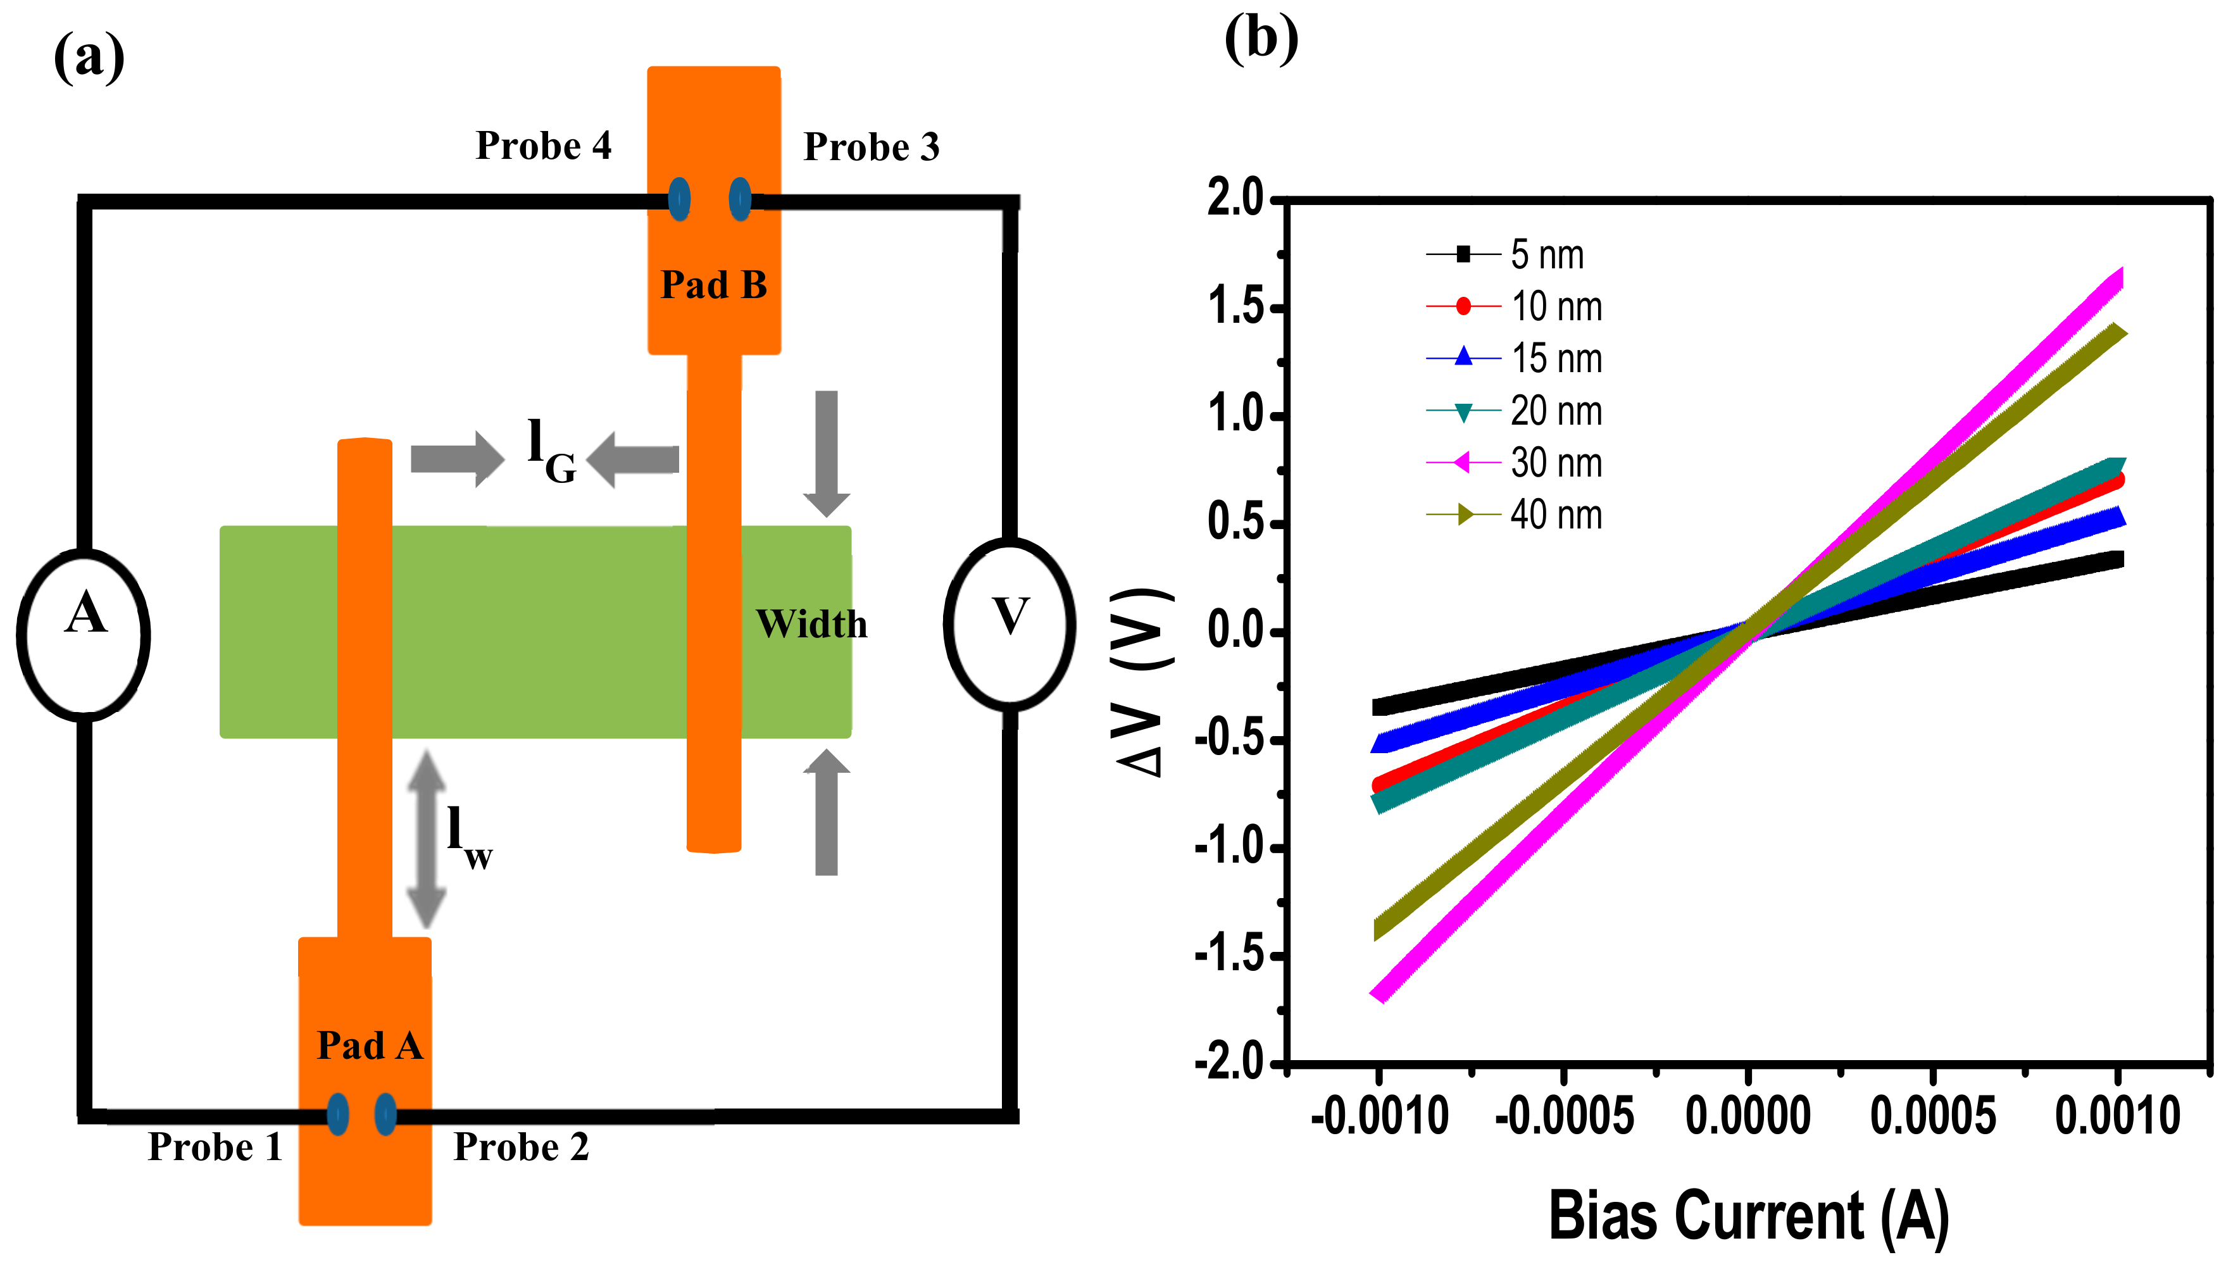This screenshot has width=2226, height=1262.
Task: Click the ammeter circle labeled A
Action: pos(83,634)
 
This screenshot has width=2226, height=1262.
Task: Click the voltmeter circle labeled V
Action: pos(1010,624)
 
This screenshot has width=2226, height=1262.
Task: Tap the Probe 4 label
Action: pos(544,146)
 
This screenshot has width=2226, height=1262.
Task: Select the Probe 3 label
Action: pos(871,147)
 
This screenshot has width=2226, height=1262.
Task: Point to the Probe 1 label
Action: pos(215,1147)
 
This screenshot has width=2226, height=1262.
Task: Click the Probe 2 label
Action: pos(521,1147)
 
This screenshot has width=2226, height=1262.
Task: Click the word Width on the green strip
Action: pos(811,624)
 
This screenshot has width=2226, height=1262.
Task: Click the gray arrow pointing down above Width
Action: pos(826,453)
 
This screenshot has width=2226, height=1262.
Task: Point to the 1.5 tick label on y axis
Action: pos(1235,307)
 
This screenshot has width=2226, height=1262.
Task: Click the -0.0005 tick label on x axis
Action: pos(1564,1116)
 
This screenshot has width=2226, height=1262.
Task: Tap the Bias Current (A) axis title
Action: pos(1748,1215)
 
